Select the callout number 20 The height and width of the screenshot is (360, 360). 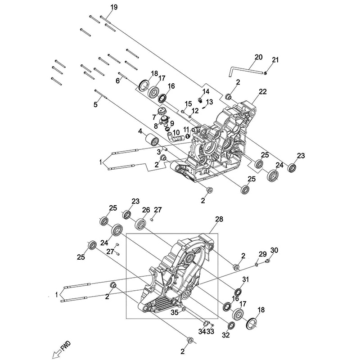tap(258, 57)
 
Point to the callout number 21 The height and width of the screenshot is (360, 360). tap(275, 60)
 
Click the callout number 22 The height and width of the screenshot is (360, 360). tap(263, 91)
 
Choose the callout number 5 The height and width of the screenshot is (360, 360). tap(95, 104)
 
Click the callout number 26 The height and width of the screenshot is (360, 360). tap(146, 210)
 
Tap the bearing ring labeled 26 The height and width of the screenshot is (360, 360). tap(141, 224)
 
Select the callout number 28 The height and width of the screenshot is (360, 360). tap(219, 219)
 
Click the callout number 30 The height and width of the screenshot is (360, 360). tap(274, 251)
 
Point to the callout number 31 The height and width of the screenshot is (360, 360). tap(245, 280)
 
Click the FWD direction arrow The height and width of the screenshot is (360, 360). tap(60, 351)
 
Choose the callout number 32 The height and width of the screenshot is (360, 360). tap(225, 335)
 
